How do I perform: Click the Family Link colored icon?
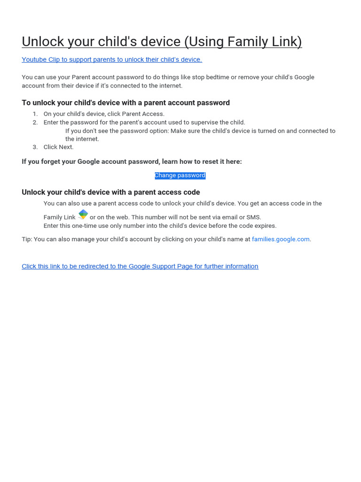pyautogui.click(x=83, y=215)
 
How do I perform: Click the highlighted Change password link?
pyautogui.click(x=180, y=176)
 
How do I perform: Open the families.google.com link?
pyautogui.click(x=281, y=239)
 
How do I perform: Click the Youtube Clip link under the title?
pyautogui.click(x=112, y=60)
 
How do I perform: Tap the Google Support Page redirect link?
pyautogui.click(x=140, y=266)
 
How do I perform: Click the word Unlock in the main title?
pyautogui.click(x=43, y=42)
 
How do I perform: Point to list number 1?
pyautogui.click(x=35, y=114)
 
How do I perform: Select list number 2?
pyautogui.click(x=35, y=122)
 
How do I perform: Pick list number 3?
pyautogui.click(x=35, y=147)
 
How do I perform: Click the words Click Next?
pyautogui.click(x=58, y=147)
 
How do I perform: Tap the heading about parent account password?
pyautogui.click(x=126, y=103)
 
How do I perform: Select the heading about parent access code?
pyautogui.click(x=110, y=192)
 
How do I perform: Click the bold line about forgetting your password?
pyautogui.click(x=132, y=161)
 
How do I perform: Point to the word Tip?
pyautogui.click(x=27, y=239)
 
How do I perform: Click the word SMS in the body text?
pyautogui.click(x=253, y=217)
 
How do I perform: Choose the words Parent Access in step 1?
pyautogui.click(x=143, y=114)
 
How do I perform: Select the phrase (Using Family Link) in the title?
pyautogui.click(x=243, y=42)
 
